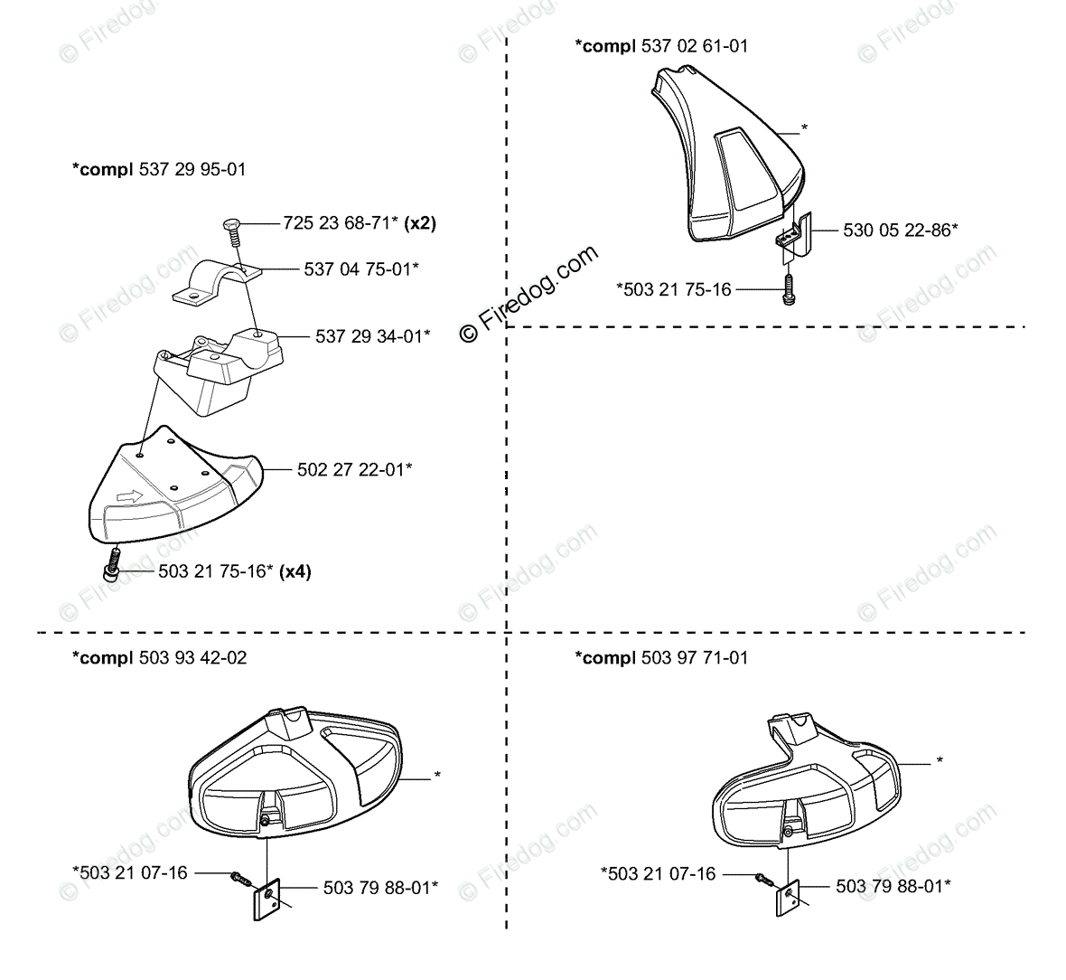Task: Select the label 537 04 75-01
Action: click(360, 269)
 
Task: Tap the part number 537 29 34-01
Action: click(372, 336)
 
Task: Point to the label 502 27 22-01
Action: click(354, 469)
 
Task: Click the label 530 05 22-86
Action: click(900, 230)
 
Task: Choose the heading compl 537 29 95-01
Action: click(159, 169)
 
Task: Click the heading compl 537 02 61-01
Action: click(661, 45)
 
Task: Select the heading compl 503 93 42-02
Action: click(159, 657)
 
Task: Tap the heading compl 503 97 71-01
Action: click(661, 657)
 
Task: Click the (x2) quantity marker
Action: click(420, 222)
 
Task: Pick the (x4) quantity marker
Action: click(295, 571)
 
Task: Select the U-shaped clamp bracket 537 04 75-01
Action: click(217, 278)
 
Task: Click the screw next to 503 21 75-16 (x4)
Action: click(112, 568)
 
